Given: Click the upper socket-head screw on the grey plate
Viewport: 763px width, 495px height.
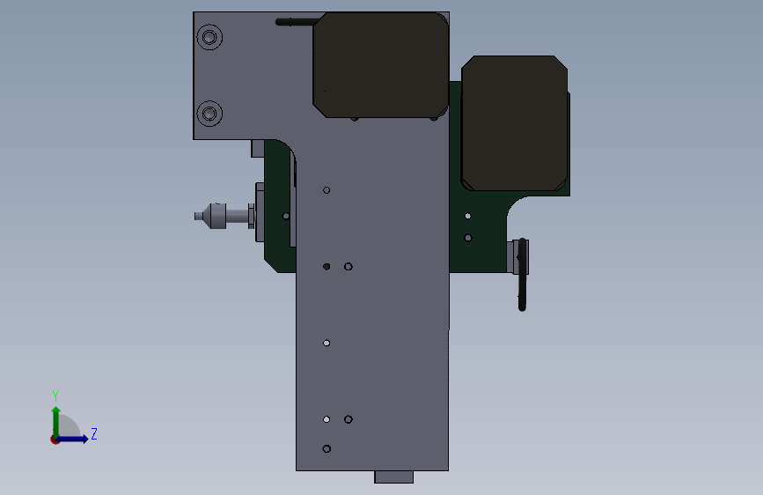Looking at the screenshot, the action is [209, 37].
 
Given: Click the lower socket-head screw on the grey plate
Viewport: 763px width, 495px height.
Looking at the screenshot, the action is [209, 114].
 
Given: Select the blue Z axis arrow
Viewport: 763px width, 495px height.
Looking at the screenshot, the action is [72, 439].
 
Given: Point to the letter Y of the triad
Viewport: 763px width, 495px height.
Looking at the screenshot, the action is [55, 395].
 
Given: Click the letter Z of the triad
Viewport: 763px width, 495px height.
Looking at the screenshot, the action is [94, 433].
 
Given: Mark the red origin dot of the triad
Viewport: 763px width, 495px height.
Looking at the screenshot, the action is [55, 440].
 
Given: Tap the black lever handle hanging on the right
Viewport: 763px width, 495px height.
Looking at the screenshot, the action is [522, 274].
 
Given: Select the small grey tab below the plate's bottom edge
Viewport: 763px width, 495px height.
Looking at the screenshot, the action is [393, 477].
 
